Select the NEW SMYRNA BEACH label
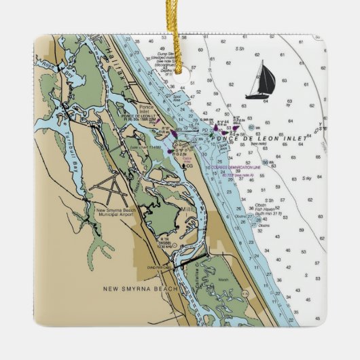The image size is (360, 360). click(140, 289)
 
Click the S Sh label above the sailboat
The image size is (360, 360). click(240, 49)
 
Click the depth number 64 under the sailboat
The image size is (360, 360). click(265, 101)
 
